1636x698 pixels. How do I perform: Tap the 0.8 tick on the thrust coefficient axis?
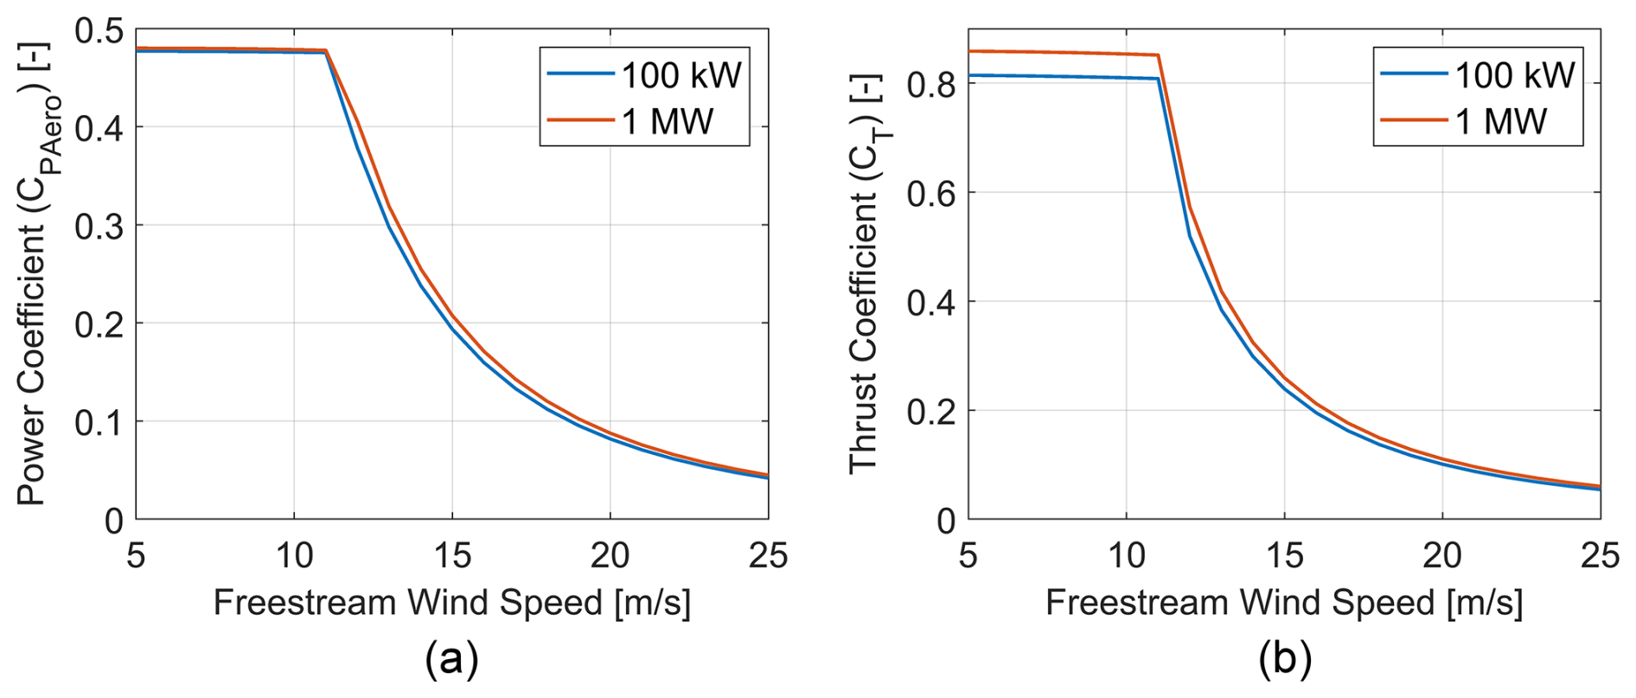click(931, 85)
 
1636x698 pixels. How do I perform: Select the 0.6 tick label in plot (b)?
click(931, 193)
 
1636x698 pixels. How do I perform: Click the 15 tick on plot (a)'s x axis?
click(452, 555)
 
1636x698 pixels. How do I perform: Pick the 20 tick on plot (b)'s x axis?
click(1442, 555)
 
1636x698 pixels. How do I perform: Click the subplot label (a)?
click(451, 660)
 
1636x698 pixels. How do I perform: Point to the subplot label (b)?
click(1285, 660)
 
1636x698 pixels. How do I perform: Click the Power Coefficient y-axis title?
click(35, 275)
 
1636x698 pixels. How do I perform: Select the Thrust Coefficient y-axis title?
click(866, 275)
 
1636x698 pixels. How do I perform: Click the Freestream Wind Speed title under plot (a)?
click(452, 603)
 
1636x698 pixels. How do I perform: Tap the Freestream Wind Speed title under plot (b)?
click(1284, 603)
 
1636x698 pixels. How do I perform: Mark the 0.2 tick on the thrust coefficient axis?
click(931, 412)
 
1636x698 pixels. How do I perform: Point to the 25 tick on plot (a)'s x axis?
click(768, 555)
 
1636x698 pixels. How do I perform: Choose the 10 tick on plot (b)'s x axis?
click(1127, 555)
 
